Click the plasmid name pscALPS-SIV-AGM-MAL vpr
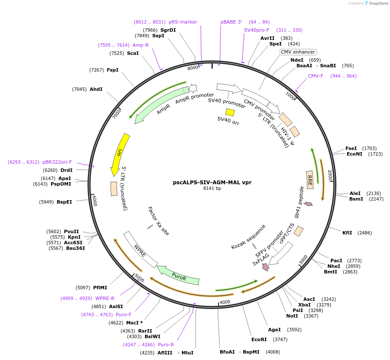coord(212,182)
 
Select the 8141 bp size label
coord(212,188)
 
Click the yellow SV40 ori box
coord(230,112)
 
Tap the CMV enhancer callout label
coord(298,52)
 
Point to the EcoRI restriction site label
coord(259,339)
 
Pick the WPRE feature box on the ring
coord(140,250)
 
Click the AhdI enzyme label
coord(96,89)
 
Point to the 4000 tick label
coord(225,302)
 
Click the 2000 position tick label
coord(330,175)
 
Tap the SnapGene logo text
coord(378,3)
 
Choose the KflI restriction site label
coord(347,233)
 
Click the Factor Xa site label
coord(158,221)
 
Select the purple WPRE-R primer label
coord(105,298)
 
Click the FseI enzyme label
coord(351,148)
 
